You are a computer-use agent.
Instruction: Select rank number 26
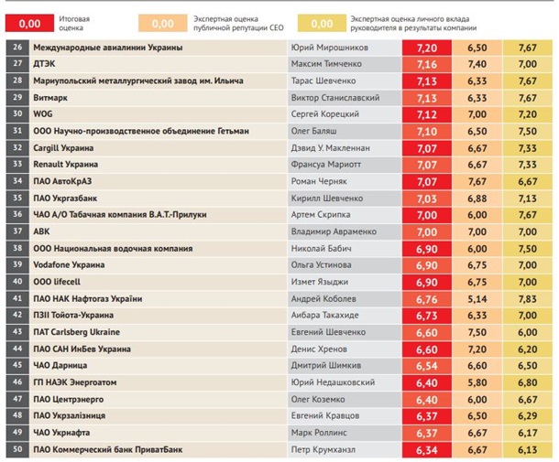(17, 47)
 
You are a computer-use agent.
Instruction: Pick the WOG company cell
(43, 114)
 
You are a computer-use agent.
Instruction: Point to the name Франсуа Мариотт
(325, 165)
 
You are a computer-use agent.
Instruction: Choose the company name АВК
(41, 231)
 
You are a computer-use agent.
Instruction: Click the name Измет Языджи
(322, 282)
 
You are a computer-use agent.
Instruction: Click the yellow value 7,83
(527, 298)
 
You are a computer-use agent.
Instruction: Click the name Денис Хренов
(318, 349)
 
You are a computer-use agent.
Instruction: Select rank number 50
(17, 449)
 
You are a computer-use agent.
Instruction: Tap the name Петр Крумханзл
(325, 449)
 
